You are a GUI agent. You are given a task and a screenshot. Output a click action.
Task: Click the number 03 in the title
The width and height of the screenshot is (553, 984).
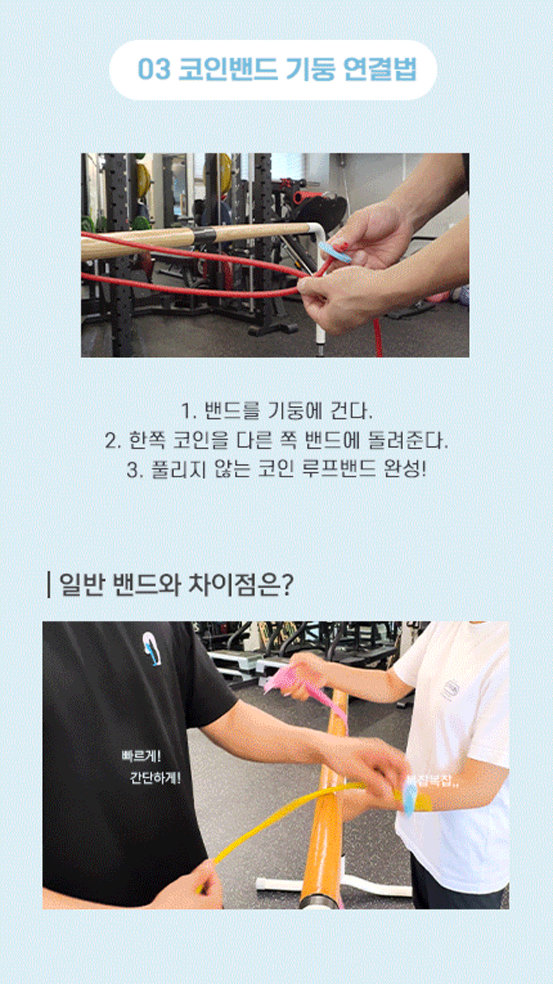pyautogui.click(x=154, y=69)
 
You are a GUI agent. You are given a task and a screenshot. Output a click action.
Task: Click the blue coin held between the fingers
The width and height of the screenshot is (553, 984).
pyautogui.click(x=334, y=252)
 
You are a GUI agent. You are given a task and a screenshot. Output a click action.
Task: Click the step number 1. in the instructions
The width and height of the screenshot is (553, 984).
pyautogui.click(x=188, y=410)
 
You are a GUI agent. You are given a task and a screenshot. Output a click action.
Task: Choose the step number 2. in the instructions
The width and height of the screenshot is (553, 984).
pyautogui.click(x=113, y=441)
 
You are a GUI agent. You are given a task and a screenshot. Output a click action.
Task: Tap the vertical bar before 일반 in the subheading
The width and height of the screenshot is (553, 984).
pyautogui.click(x=49, y=585)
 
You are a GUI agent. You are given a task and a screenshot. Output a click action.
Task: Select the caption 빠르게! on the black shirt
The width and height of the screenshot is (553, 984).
pyautogui.click(x=141, y=755)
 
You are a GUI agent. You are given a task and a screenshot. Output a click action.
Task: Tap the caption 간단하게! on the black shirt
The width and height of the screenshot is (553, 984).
pyautogui.click(x=155, y=778)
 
